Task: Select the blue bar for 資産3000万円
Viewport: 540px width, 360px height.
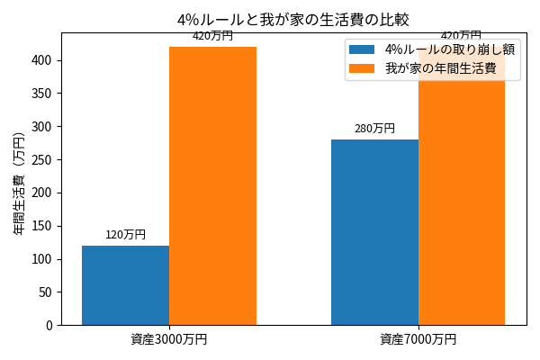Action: (x=125, y=285)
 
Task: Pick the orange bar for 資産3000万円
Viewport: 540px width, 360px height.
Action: (x=212, y=185)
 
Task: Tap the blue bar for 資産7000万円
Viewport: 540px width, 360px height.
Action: (x=374, y=232)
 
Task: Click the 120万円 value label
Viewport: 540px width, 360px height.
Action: (x=125, y=235)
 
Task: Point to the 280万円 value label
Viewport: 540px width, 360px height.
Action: (x=374, y=129)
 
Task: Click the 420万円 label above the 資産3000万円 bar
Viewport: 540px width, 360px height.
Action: (x=212, y=36)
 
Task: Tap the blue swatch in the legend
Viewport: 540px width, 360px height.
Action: (x=362, y=49)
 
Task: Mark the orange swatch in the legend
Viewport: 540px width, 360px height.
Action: (x=362, y=68)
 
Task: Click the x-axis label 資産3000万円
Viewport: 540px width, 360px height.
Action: (x=168, y=339)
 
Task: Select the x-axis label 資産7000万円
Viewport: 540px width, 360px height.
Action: (x=418, y=339)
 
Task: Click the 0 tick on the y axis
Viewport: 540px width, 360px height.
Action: (x=49, y=325)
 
